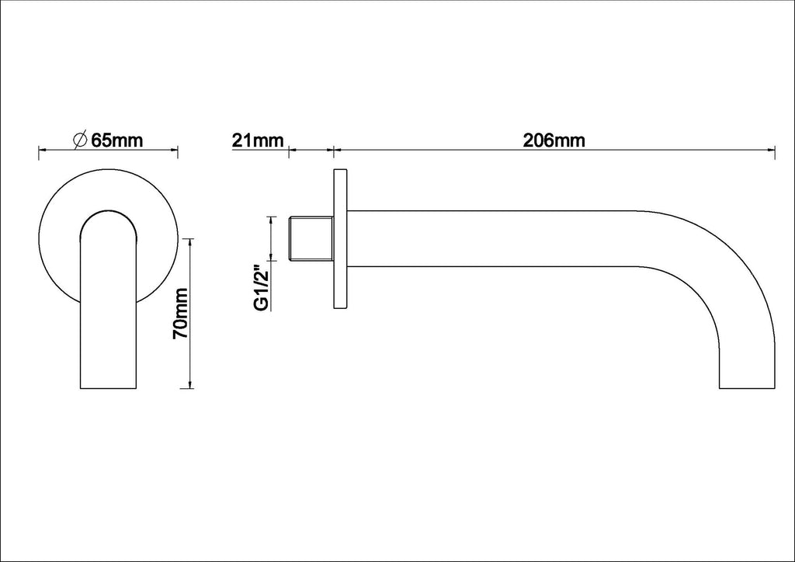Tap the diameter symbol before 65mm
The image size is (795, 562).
[81, 140]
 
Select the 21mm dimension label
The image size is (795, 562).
[258, 140]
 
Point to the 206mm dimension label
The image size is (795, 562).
[554, 140]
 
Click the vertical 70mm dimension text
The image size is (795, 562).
[180, 314]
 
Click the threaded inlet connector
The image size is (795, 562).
[311, 238]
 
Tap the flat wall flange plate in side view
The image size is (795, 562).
[340, 238]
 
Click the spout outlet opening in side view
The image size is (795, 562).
[748, 388]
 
